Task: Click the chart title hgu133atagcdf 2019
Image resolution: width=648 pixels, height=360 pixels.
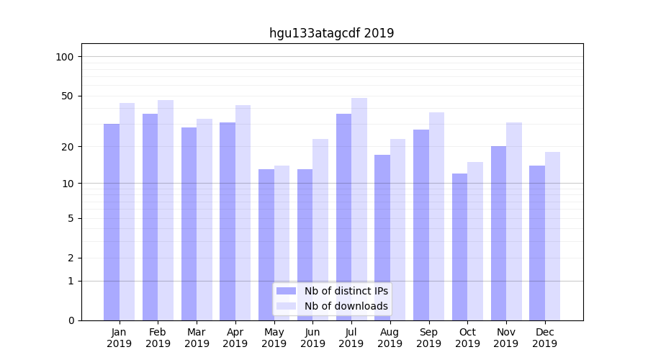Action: click(331, 33)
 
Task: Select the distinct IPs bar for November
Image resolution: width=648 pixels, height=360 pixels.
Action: click(498, 233)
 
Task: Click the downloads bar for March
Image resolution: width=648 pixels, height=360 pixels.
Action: click(204, 220)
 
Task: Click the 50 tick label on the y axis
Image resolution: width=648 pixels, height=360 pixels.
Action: click(68, 96)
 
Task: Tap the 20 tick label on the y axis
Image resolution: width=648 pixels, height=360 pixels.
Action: click(68, 147)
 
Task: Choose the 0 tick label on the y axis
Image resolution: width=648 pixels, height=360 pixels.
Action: click(71, 320)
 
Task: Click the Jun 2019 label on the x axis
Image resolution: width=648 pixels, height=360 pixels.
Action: click(312, 338)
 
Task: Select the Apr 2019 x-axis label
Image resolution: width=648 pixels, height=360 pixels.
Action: click(235, 338)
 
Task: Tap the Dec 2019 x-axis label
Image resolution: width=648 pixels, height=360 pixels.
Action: click(544, 338)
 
